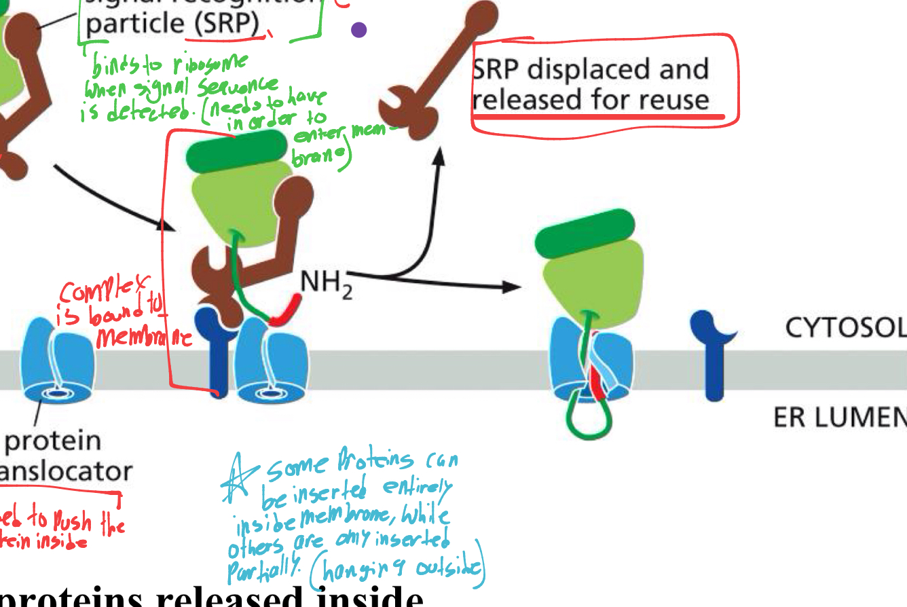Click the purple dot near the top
point(359,30)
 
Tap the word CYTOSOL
point(845,329)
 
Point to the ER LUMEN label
point(839,418)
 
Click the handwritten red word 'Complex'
point(88,293)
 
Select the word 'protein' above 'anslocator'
point(52,441)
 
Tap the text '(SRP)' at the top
point(225,24)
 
